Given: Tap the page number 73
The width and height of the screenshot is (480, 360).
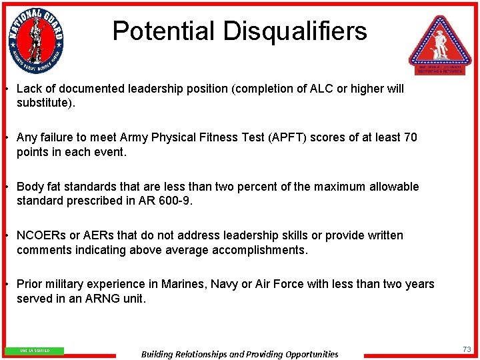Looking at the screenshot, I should pos(467,349).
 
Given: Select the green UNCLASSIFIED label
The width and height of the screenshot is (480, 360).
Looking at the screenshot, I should pos(34,351).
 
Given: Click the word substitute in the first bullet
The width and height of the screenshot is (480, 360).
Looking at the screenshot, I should pos(45,103).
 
